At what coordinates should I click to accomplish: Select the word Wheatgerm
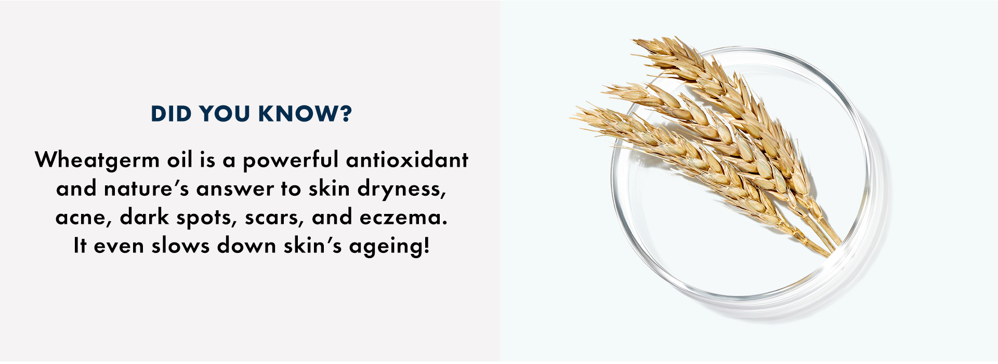pos(97,160)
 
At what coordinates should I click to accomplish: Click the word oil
pos(180,159)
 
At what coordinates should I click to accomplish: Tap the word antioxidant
pos(407,159)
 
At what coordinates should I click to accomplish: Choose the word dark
pos(145,217)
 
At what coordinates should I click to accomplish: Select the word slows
pos(180,245)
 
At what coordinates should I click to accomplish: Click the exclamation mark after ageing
pos(427,245)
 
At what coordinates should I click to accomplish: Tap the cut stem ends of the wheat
pos(830,246)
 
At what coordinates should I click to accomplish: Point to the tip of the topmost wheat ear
pos(633,41)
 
